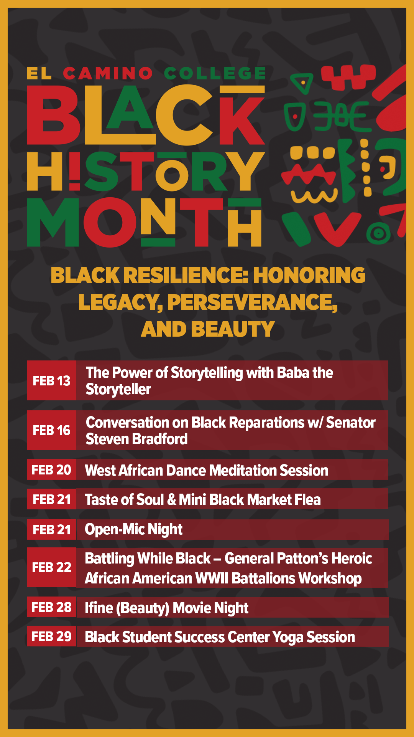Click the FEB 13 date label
(x=52, y=381)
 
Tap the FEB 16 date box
(x=52, y=430)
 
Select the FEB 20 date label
(x=52, y=470)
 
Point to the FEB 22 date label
(x=52, y=567)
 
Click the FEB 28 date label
(x=52, y=607)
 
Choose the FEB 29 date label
(x=52, y=636)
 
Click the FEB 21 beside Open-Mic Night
(x=52, y=530)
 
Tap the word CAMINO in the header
(x=108, y=73)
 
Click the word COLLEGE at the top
(x=215, y=73)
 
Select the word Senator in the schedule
(x=351, y=423)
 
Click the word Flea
(x=307, y=499)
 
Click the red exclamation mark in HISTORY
(x=75, y=171)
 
